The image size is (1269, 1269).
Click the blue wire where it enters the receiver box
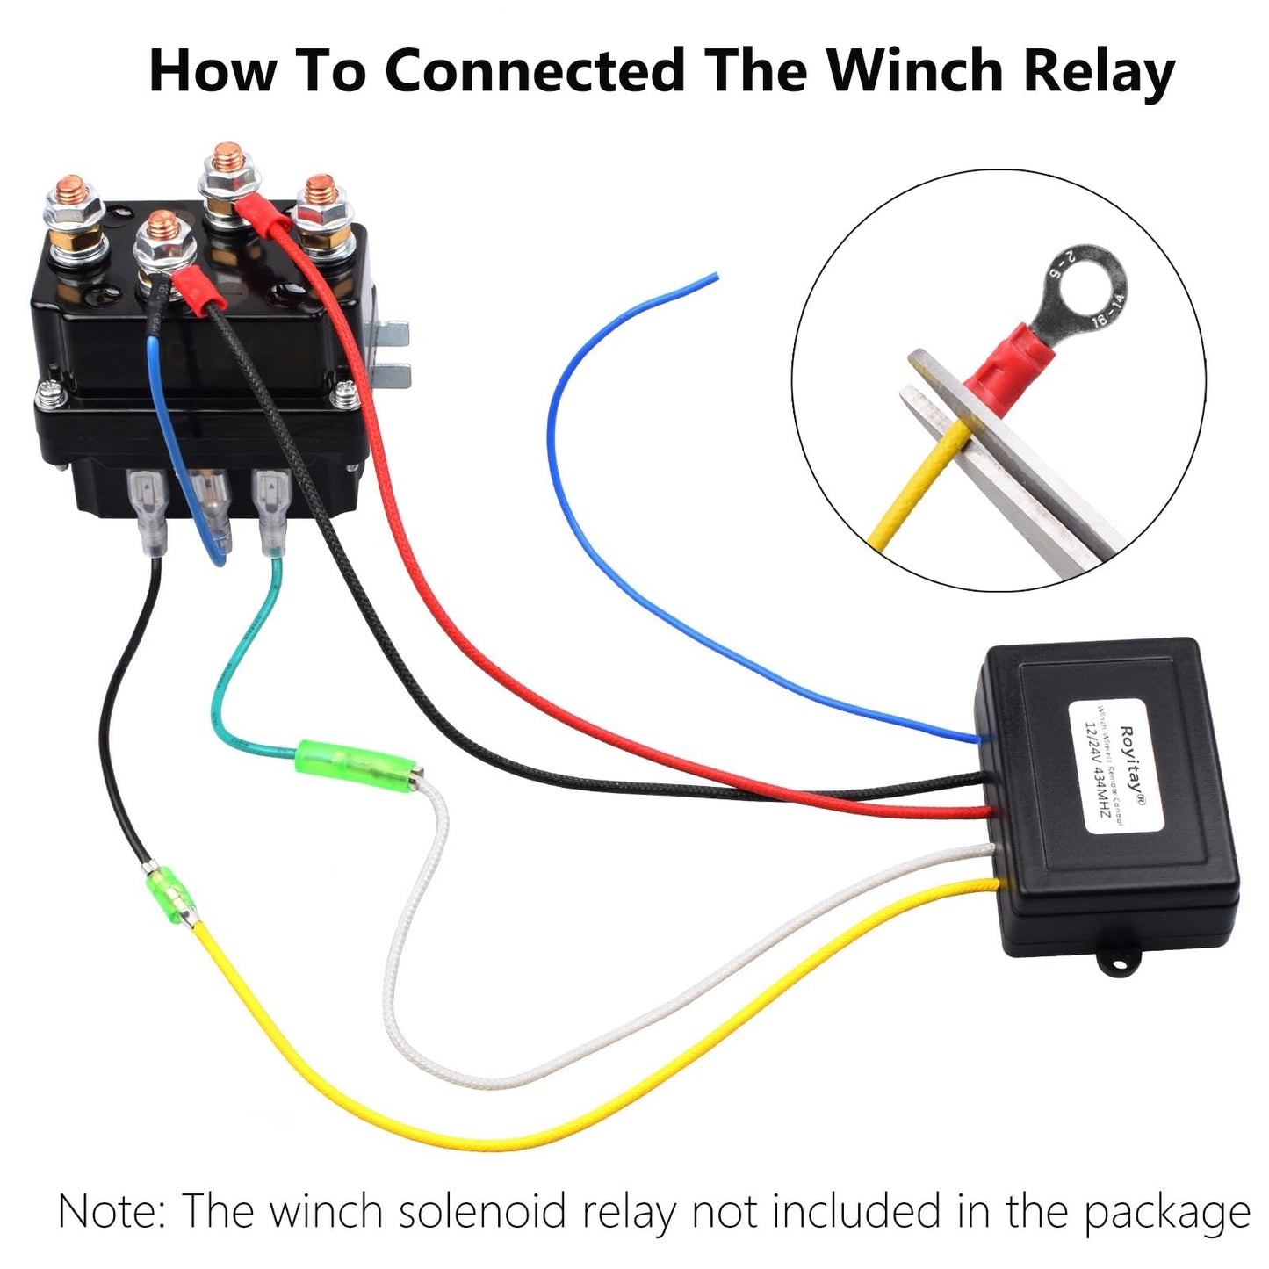979,738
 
